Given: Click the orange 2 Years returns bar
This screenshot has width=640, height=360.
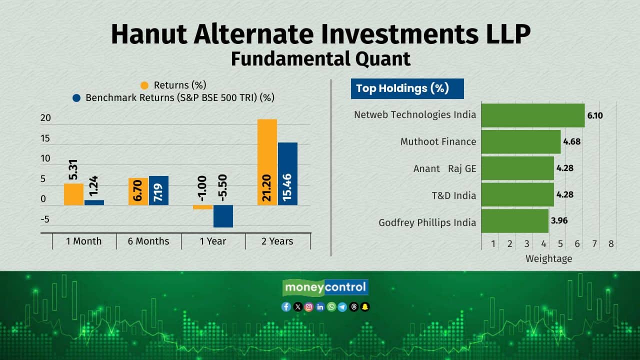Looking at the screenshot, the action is [x=267, y=162].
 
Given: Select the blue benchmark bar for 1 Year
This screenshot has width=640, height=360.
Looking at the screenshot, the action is [x=223, y=216].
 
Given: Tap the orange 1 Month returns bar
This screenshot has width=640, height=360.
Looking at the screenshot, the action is [x=73, y=194].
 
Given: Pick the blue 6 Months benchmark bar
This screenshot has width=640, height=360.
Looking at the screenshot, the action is [x=158, y=190].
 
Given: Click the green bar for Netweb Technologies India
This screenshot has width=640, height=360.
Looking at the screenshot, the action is [x=533, y=115].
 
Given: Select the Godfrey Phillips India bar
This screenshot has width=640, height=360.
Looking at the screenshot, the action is [x=515, y=221].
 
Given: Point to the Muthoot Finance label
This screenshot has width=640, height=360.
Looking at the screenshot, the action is [x=438, y=141].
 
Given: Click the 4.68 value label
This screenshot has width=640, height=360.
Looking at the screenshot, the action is [x=572, y=141].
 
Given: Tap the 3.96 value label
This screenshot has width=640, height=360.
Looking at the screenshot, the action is [x=559, y=220].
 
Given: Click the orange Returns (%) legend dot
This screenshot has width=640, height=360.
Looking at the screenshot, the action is [x=144, y=85].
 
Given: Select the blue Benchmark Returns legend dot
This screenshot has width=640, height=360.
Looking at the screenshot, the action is [x=76, y=98].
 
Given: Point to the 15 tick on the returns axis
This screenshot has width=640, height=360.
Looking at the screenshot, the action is [x=45, y=138].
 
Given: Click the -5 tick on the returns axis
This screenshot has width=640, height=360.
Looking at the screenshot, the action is [x=45, y=219].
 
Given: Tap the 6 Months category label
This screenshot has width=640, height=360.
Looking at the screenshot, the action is [x=148, y=241].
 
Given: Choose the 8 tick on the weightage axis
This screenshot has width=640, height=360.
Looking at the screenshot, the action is [x=611, y=244].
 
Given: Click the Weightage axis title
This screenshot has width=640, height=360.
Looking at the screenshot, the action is [x=549, y=259].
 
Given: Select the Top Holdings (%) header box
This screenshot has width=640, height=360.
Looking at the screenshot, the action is [x=407, y=89].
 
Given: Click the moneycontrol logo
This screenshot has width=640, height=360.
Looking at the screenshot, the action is [x=325, y=287].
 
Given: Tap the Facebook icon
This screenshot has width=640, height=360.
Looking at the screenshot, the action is [x=286, y=307].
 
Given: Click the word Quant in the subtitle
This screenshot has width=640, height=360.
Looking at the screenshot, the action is [x=383, y=59].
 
